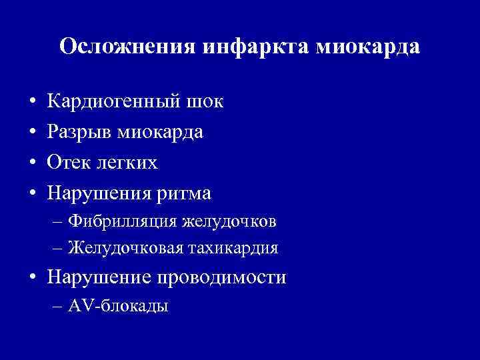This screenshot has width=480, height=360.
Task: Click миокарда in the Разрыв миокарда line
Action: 160,133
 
